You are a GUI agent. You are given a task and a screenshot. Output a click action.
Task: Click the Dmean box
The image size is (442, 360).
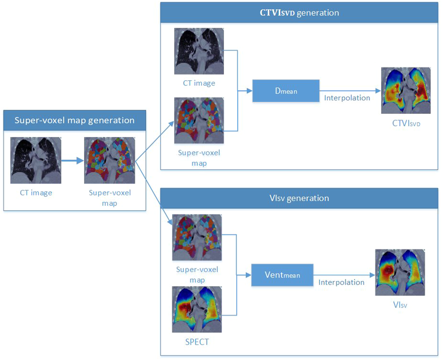click(x=286, y=91)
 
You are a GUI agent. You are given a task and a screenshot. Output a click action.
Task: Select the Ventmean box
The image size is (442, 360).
click(x=282, y=275)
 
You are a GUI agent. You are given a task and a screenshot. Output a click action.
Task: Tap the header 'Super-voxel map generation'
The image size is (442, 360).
click(x=75, y=120)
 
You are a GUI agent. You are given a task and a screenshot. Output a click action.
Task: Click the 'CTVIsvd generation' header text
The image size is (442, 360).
click(x=299, y=13)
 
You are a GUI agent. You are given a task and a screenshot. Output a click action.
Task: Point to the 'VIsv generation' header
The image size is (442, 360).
click(x=299, y=198)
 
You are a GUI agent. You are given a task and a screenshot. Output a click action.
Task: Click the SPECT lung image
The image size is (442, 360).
click(x=197, y=309)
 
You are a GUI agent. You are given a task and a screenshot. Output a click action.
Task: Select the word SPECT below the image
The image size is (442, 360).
click(x=197, y=342)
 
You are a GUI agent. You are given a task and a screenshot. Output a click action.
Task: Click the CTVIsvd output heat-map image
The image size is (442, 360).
click(x=406, y=90)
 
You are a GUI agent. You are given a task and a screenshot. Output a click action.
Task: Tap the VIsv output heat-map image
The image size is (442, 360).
click(x=400, y=272)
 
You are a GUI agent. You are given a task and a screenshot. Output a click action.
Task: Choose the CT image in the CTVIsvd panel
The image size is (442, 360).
click(x=199, y=51)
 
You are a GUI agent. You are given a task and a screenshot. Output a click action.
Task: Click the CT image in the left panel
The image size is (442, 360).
click(x=36, y=160)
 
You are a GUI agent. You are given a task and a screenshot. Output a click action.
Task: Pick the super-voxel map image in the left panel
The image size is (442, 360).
click(x=110, y=160)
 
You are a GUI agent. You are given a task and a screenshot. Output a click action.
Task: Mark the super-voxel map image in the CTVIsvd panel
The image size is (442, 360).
click(x=199, y=120)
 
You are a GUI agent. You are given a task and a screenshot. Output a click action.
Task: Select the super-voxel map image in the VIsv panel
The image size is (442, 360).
click(x=197, y=237)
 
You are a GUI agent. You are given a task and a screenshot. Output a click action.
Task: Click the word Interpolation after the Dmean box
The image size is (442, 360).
click(x=347, y=98)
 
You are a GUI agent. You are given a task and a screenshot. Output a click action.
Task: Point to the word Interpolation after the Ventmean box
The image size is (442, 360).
click(x=341, y=282)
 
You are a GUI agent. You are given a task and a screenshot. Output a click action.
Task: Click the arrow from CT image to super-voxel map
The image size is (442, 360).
click(x=72, y=161)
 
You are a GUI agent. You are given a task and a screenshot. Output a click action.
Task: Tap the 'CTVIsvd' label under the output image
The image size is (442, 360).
click(x=406, y=123)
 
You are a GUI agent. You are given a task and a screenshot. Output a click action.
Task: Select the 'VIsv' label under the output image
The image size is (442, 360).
click(x=400, y=305)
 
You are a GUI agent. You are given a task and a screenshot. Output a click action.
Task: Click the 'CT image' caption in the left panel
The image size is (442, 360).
click(x=36, y=193)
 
